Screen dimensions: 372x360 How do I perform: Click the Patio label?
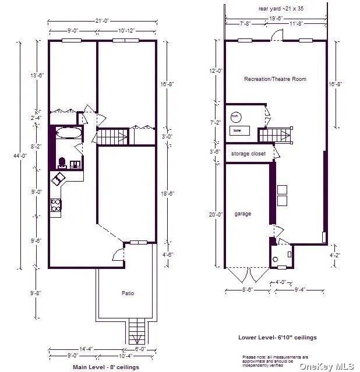[128, 293]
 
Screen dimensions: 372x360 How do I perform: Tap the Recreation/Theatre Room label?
[275, 79]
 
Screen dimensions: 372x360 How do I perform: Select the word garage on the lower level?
[243, 214]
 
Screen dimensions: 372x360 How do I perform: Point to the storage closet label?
[248, 154]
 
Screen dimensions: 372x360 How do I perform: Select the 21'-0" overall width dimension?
[103, 22]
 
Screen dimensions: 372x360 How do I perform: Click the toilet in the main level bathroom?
[62, 161]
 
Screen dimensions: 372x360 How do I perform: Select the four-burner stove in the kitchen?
[57, 205]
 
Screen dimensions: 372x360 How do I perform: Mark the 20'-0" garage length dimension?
[217, 214]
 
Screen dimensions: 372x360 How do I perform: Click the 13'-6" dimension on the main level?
[36, 75]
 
